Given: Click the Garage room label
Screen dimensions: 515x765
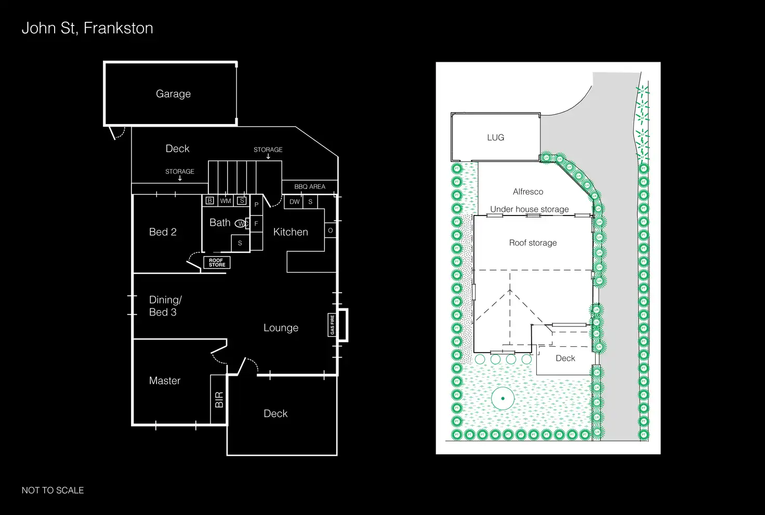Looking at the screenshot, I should (173, 94).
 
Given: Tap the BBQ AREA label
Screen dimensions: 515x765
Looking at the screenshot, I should (309, 186).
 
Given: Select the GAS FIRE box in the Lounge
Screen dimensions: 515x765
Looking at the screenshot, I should (332, 325).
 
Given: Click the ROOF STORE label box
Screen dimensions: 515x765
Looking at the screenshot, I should (217, 263).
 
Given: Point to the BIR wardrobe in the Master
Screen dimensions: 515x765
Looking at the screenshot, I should (219, 399).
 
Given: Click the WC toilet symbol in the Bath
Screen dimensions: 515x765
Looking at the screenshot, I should (242, 224).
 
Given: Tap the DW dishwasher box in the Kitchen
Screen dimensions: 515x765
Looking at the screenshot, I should (294, 201).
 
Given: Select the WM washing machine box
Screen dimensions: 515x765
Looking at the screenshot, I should (225, 201).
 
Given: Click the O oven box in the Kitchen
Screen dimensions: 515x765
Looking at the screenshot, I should (331, 230).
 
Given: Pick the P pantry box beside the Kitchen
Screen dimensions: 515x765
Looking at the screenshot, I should (256, 205).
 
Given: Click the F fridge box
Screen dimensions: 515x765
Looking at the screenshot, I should (256, 224).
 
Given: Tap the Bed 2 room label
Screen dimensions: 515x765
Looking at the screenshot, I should (163, 232).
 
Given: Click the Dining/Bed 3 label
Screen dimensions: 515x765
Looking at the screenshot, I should (165, 306).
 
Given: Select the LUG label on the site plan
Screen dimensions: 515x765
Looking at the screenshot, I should (495, 138).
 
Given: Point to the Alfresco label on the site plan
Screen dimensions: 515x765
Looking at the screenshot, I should (527, 192).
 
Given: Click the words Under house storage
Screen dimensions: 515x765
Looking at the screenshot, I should (529, 209).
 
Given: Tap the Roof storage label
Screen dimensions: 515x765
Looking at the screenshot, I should (533, 242).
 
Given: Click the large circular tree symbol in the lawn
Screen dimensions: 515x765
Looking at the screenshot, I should (503, 399).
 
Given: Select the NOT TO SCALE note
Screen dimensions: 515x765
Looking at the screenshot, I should (52, 490).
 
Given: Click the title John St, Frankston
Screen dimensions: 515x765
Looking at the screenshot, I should (87, 28).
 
